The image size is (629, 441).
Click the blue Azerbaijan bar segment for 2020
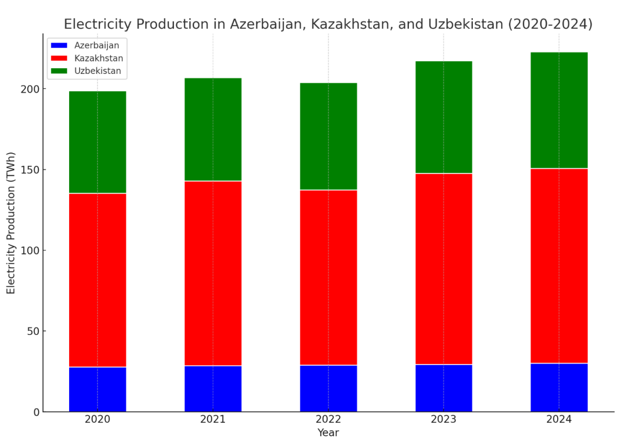(x=97, y=389)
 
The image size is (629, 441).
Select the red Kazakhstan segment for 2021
(x=213, y=273)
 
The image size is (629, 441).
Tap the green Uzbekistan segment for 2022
(x=328, y=136)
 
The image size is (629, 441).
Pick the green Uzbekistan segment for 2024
(x=559, y=110)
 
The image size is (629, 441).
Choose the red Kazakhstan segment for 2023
(x=443, y=268)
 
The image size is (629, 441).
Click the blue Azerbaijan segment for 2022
(x=328, y=388)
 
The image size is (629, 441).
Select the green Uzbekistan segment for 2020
(x=97, y=142)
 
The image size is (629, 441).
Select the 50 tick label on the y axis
(x=32, y=331)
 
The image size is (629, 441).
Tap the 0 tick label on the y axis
(x=36, y=412)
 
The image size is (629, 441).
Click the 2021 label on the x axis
(x=213, y=420)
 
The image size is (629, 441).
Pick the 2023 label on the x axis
(x=443, y=420)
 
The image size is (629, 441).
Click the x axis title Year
(x=328, y=433)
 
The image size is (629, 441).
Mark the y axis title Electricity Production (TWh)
(x=12, y=223)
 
